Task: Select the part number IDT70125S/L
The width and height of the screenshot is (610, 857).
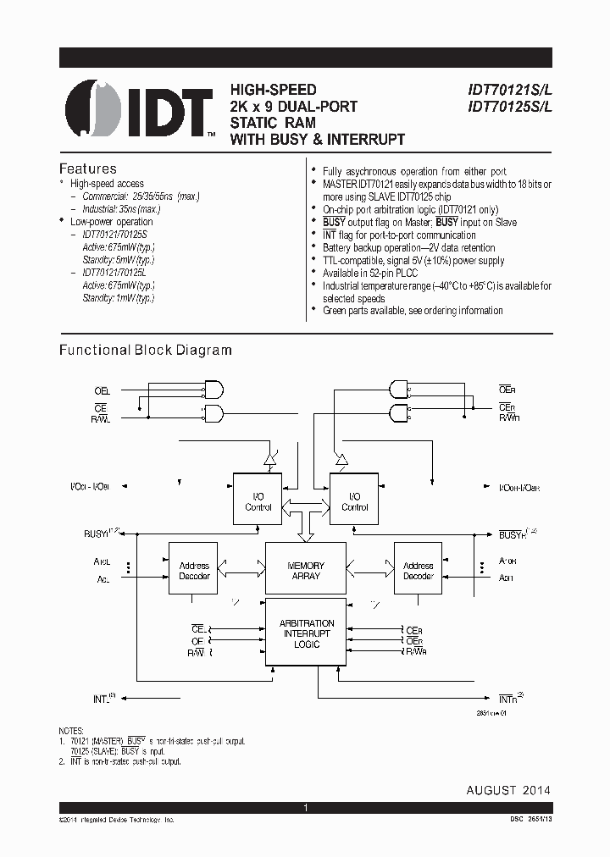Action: [505, 107]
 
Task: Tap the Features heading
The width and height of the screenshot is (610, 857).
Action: [87, 169]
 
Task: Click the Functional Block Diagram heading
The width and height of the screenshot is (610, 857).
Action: [145, 350]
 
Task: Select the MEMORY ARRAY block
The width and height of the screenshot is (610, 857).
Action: [306, 571]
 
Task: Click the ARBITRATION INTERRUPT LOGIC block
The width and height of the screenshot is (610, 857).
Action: [306, 633]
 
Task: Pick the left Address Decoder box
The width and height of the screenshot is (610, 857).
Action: [194, 571]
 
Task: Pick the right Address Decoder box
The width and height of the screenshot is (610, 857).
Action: [418, 571]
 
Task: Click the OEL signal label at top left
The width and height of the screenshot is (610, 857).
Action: [102, 391]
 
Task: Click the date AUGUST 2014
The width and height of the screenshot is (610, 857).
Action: [508, 790]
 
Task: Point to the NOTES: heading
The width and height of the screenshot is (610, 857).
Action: [71, 731]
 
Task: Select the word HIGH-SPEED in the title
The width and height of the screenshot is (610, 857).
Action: [274, 90]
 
